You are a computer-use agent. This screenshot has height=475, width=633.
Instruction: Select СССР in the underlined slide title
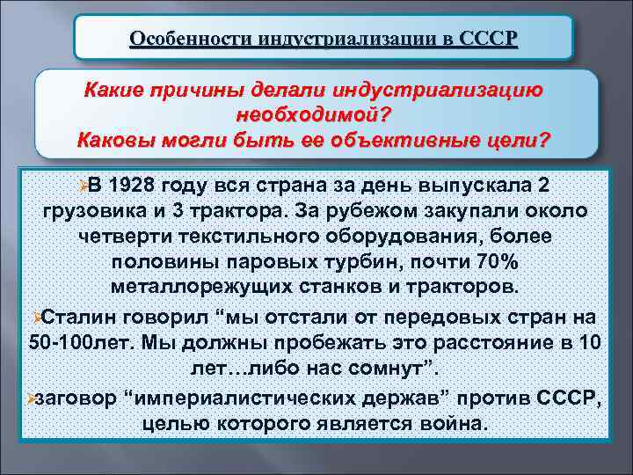(x=489, y=39)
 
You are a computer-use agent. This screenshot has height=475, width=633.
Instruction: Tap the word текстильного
(x=260, y=237)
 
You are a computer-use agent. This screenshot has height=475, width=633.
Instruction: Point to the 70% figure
(x=497, y=263)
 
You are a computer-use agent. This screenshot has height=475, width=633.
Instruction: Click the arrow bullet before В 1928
(x=81, y=186)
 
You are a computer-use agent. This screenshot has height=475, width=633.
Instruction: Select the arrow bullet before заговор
(x=31, y=398)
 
